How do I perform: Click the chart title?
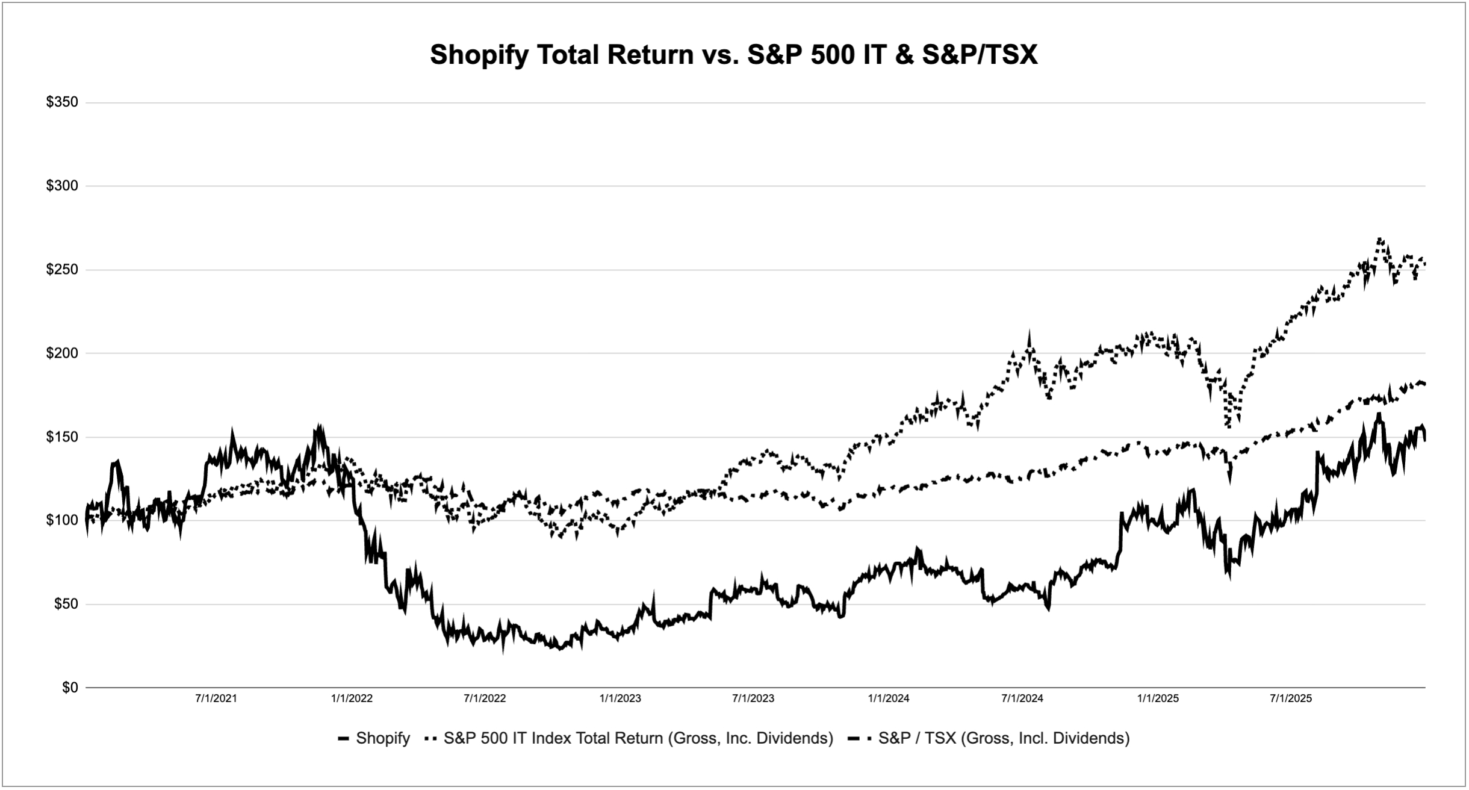pos(733,55)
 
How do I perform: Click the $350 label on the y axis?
pos(62,102)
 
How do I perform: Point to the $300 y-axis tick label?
pos(62,186)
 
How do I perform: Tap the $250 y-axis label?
pos(62,270)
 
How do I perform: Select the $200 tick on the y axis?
pos(62,353)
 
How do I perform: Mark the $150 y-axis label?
pos(62,437)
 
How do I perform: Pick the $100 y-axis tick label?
pos(62,520)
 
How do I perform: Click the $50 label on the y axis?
pos(66,604)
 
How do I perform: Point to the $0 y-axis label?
pos(70,688)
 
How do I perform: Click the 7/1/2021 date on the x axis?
pos(216,699)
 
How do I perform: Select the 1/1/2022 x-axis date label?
pos(352,699)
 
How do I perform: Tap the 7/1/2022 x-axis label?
pos(485,699)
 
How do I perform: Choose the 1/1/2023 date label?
pos(620,699)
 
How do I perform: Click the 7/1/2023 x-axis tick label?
pos(753,699)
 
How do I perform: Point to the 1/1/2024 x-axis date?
pos(889,699)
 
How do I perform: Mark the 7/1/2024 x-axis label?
pos(1022,699)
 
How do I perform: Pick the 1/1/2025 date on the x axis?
pos(1158,699)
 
